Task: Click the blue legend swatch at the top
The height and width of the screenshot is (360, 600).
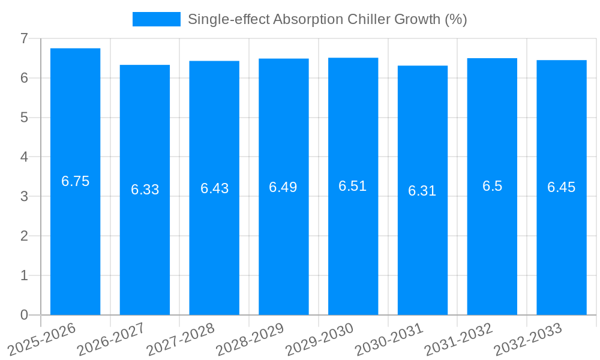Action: tap(156, 19)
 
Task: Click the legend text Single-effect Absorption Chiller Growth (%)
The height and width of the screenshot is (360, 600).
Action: tap(327, 19)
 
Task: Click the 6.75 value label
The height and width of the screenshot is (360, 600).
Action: tap(75, 181)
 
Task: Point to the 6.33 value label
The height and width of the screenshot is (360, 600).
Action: tap(145, 190)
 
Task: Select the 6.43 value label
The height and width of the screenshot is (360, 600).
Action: tap(214, 188)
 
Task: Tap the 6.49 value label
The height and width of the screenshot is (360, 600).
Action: tap(283, 187)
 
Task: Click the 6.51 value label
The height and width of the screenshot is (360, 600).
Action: tap(353, 186)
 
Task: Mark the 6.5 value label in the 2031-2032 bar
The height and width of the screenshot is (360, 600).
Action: tap(492, 186)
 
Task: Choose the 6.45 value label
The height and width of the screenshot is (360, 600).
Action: tap(561, 187)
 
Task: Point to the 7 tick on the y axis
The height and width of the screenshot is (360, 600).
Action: tap(24, 38)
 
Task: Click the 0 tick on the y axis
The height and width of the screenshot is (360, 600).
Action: tap(24, 315)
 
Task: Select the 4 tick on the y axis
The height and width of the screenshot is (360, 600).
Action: tap(24, 157)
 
